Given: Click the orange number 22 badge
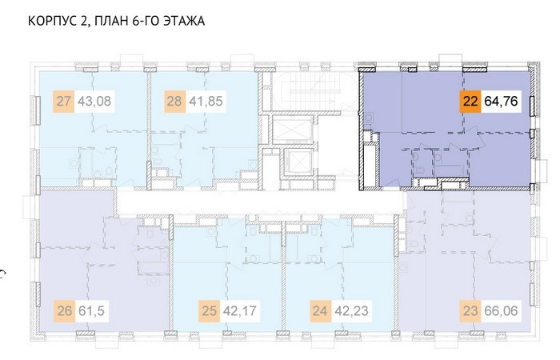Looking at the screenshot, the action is click(x=470, y=101).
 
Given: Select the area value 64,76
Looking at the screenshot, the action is click(x=501, y=101).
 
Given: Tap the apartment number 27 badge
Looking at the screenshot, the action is click(x=63, y=102).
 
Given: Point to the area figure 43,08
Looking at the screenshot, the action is click(x=94, y=102).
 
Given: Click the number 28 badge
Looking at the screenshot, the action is click(x=174, y=102).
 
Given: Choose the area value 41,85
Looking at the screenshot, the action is click(x=206, y=102).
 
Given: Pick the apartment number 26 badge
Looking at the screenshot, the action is click(x=65, y=310).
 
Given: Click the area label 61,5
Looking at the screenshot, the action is click(x=91, y=310).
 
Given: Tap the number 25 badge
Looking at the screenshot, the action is click(x=210, y=310).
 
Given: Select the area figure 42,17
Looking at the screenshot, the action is click(x=240, y=310).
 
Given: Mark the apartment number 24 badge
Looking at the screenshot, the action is click(x=320, y=310).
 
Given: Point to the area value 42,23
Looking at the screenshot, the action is click(x=351, y=310).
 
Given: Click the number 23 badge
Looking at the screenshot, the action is click(x=470, y=310).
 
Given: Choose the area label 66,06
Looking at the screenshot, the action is click(x=501, y=310).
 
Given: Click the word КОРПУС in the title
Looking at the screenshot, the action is click(x=51, y=21).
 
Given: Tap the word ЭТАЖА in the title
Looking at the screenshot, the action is click(x=184, y=21).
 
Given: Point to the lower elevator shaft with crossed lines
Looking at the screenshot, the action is click(x=298, y=162).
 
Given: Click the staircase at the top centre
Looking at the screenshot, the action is click(x=314, y=91).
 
